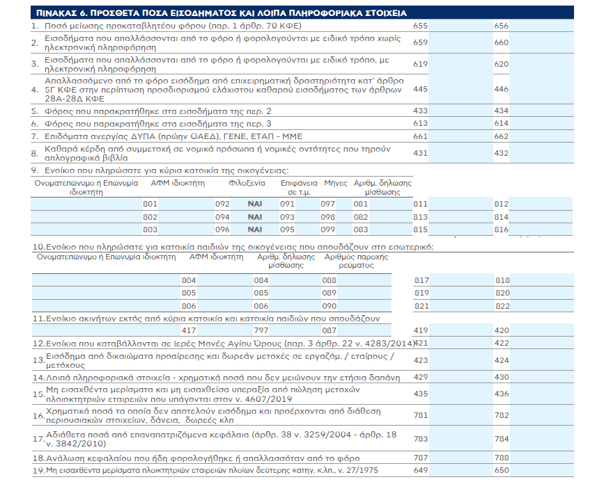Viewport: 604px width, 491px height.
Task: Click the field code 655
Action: (420, 26)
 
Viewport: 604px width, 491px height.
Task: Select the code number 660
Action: (501, 42)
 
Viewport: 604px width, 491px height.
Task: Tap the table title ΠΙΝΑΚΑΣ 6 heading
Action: (221, 13)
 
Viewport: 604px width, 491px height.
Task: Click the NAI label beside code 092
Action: (254, 204)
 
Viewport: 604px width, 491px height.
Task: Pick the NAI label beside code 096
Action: (254, 230)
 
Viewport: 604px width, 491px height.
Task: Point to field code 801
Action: (150, 204)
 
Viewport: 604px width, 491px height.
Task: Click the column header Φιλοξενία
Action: (247, 183)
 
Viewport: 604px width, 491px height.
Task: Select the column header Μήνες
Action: (336, 183)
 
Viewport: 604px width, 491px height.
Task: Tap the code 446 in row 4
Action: (501, 89)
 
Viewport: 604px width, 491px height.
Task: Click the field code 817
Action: (421, 280)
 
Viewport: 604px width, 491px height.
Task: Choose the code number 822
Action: (502, 306)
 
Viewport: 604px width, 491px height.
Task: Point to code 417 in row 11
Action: (189, 330)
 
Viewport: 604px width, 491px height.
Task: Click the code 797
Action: (261, 330)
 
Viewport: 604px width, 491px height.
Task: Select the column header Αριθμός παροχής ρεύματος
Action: (356, 261)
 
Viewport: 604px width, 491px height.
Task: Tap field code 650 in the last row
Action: (502, 470)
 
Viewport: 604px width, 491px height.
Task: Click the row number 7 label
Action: (35, 136)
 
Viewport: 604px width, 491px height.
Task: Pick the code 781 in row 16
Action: (421, 415)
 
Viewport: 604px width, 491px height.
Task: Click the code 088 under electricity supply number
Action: (330, 280)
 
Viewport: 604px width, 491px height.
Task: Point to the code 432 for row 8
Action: (501, 153)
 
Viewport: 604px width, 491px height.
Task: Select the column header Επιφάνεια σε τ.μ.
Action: (299, 188)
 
